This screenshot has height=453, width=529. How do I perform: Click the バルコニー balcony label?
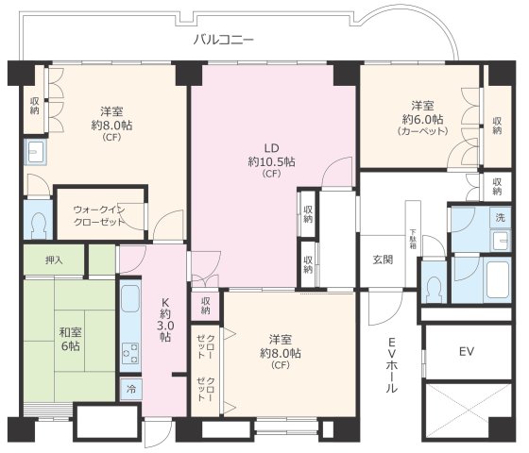(224, 40)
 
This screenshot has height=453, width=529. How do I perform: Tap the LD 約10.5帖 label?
(272, 160)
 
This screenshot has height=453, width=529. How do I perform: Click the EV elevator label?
(466, 352)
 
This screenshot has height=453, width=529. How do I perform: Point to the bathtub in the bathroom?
(483, 278)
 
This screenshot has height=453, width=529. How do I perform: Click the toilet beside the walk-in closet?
(38, 224)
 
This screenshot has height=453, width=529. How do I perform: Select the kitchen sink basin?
(130, 303)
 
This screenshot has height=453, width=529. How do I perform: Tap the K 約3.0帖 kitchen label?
(164, 321)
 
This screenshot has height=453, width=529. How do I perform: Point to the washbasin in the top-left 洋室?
(36, 153)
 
